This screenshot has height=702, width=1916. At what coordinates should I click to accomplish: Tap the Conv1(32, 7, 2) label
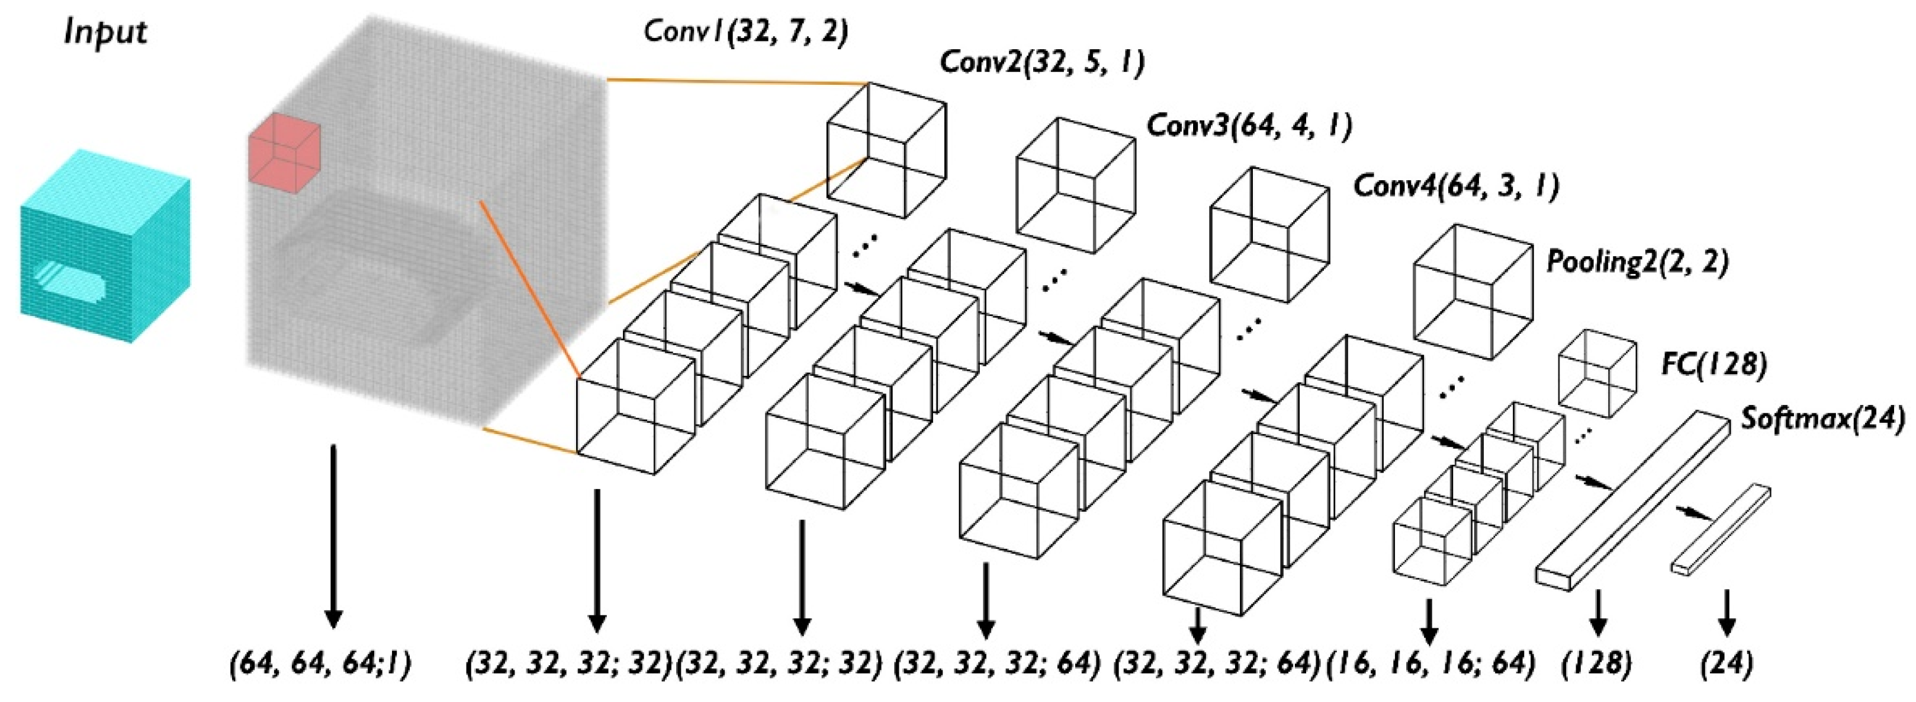click(745, 32)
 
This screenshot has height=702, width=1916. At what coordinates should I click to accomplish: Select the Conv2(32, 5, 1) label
click(1042, 62)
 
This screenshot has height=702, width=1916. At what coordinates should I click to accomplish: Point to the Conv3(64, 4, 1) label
click(1249, 125)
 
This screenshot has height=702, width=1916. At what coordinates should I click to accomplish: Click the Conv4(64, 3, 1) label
click(1455, 186)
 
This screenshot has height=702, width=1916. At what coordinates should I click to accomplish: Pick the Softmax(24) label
click(1822, 420)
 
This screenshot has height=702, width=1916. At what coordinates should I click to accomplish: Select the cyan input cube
click(105, 245)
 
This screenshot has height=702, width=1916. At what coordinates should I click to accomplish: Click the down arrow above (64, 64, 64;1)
click(333, 536)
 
